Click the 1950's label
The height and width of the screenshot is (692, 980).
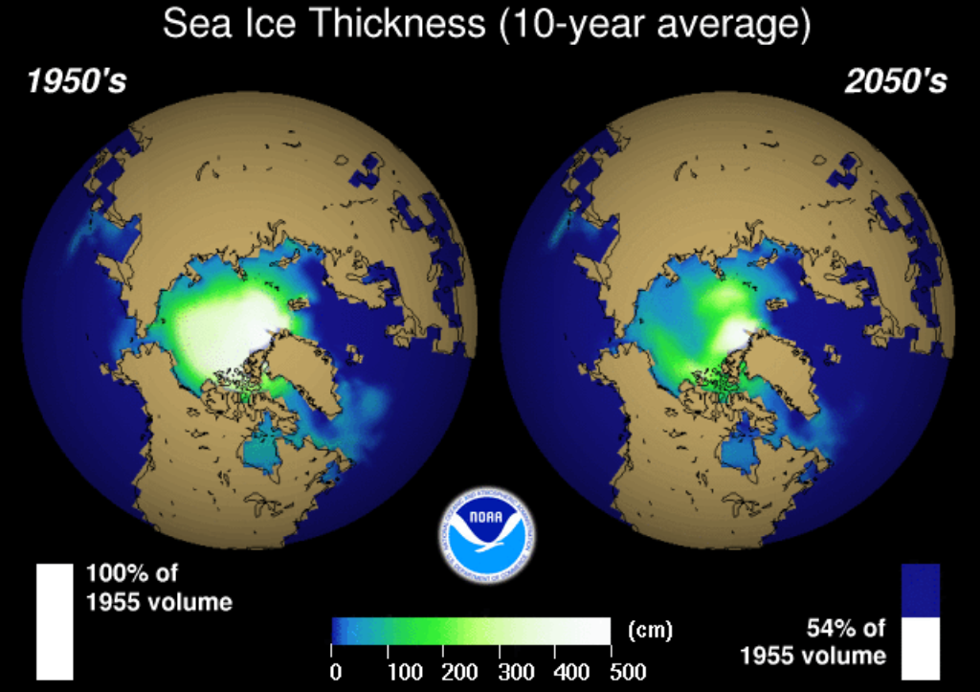(x=77, y=82)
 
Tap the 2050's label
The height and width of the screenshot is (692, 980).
(x=895, y=82)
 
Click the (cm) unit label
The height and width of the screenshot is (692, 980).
(x=651, y=631)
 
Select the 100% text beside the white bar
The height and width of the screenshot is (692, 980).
(x=120, y=575)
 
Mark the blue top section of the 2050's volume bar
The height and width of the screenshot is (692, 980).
(x=921, y=590)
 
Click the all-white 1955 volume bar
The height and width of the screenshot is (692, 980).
(x=55, y=620)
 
